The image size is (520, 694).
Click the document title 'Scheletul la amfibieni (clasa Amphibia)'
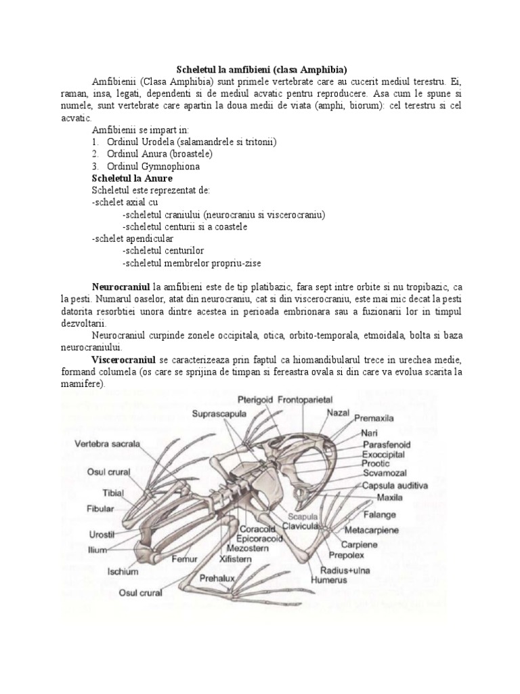pos(261,70)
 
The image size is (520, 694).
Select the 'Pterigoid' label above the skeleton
pos(255,400)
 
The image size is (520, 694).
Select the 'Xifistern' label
pos(236,560)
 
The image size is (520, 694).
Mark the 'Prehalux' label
pos(217,579)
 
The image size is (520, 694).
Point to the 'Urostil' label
pos(104,534)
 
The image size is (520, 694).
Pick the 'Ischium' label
pos(123,571)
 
